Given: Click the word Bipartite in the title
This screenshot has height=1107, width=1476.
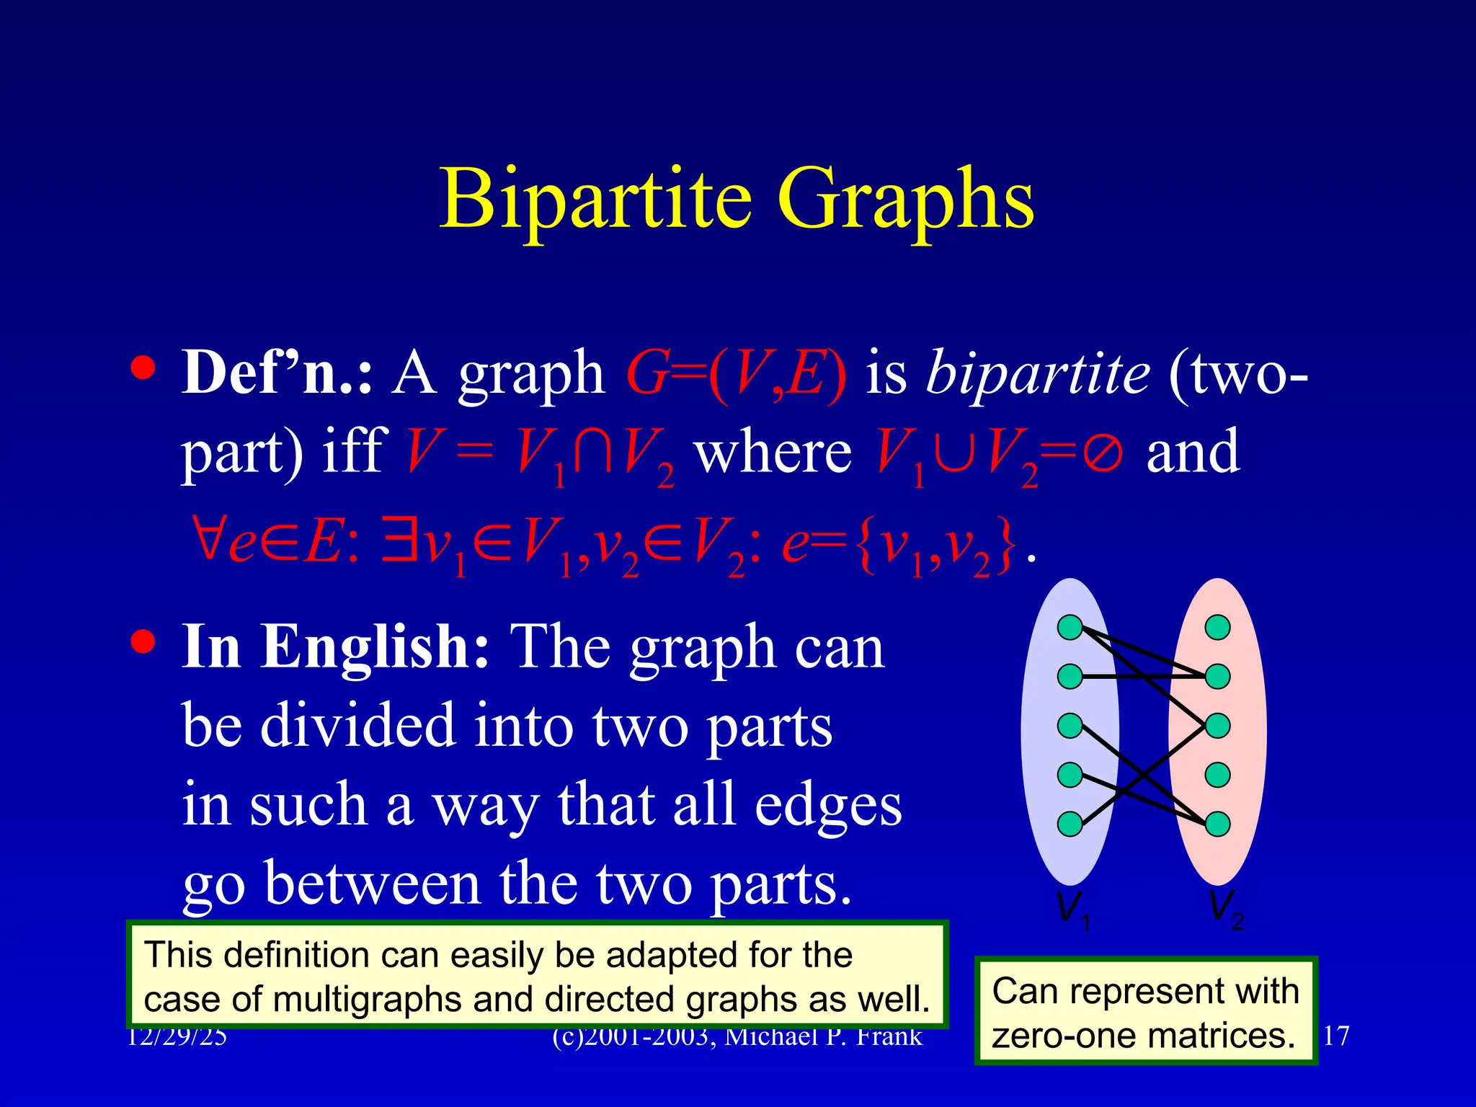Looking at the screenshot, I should coord(596,198).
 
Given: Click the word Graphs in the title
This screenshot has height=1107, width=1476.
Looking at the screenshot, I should coord(906,198).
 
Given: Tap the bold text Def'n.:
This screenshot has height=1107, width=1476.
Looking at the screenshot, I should coord(277,373).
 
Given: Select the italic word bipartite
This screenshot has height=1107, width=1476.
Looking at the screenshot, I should coord(1038,373).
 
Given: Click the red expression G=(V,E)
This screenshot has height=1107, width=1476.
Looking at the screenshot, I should coord(737,373).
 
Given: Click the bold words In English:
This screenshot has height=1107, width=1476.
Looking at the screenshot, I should coord(336,646).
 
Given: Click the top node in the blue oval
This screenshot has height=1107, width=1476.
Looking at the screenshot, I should coord(1070,627).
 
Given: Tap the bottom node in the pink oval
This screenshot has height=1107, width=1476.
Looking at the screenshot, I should coord(1218,824).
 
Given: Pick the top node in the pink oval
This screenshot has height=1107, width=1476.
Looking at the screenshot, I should coord(1218,627).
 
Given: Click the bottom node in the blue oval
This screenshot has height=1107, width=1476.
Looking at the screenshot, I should coord(1070,824).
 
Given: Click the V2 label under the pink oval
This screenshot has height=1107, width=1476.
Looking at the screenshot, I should coord(1225,908).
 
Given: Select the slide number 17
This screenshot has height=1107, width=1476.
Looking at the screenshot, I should coord(1336,1036).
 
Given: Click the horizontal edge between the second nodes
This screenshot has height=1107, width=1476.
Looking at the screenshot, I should coord(1144,677).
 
